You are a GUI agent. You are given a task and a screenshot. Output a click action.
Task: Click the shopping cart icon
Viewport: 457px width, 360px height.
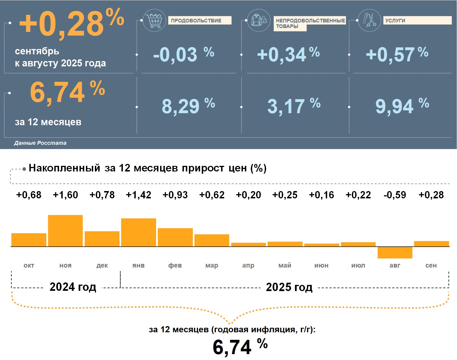154,20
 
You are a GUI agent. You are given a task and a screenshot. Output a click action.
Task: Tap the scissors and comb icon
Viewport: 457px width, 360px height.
369,20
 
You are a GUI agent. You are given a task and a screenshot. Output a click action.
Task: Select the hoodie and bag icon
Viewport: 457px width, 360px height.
259,20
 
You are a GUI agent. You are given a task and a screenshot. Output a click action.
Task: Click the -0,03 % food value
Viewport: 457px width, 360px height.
183,54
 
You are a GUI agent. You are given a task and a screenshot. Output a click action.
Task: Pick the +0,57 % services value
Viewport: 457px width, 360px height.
397,54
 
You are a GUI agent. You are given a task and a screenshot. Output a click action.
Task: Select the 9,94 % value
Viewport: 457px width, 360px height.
402,106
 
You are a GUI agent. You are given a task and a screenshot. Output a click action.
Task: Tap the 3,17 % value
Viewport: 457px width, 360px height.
294,106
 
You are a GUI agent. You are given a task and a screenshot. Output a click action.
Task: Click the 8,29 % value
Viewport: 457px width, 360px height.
188,106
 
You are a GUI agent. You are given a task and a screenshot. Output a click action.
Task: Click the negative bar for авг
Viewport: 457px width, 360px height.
395,252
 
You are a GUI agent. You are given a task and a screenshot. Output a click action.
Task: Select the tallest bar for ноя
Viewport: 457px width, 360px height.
65,231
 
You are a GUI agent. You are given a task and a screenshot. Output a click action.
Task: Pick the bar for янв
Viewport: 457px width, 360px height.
139,232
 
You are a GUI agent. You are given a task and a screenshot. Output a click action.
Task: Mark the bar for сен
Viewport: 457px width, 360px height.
431,244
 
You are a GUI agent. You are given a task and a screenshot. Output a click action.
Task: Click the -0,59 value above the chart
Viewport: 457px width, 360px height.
395,195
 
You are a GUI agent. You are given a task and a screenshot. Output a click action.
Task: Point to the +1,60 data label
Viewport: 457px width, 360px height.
65,195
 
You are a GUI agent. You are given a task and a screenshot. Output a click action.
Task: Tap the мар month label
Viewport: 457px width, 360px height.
212,265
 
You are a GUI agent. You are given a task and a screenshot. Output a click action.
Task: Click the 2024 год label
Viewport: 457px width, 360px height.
73,287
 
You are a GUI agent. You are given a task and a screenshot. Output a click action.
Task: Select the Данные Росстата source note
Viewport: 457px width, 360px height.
40,143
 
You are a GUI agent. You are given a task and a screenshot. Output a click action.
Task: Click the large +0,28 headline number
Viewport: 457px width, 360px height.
71,24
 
